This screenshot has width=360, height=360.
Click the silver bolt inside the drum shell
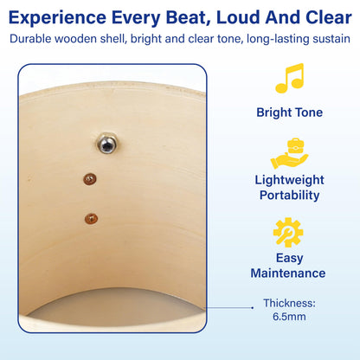point(106,144)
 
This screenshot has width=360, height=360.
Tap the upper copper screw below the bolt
point(90,179)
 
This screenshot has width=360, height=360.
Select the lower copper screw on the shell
point(91,219)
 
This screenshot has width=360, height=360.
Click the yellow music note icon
point(289,78)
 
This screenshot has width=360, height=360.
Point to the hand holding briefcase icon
point(289,154)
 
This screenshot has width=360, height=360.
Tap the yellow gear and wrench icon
point(288,233)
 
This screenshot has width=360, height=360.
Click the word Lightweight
point(289,181)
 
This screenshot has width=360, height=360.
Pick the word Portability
point(289,196)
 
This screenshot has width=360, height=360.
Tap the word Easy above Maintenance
point(289,258)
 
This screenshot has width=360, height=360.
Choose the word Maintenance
point(288,273)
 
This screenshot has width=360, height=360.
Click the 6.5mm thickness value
point(289,317)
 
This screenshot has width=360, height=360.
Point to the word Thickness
point(289,303)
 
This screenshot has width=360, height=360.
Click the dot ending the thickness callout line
point(253,308)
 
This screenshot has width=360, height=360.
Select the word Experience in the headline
point(57,18)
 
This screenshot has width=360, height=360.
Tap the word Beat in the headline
point(189,17)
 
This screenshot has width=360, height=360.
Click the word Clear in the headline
point(329,17)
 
